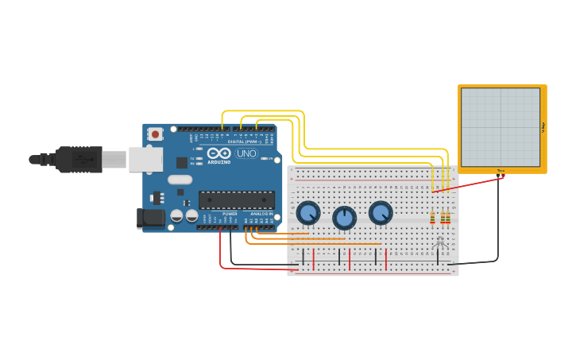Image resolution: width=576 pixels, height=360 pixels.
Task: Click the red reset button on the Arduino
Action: click(x=155, y=134)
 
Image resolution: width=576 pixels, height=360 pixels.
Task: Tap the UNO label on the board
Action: click(x=246, y=153)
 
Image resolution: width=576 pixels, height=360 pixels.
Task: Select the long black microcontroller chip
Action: click(x=236, y=199)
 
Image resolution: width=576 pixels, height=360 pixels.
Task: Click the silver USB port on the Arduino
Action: click(x=145, y=159)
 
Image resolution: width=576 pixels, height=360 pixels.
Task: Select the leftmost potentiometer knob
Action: click(x=307, y=213)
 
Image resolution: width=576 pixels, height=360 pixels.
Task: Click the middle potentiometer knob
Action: click(x=344, y=218)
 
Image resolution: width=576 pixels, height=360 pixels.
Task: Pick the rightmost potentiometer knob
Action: click(x=381, y=213)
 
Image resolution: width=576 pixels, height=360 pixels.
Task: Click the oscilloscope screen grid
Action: click(x=500, y=127)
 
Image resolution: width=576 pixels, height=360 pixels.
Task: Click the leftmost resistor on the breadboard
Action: click(x=433, y=217)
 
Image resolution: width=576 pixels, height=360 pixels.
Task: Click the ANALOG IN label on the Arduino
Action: click(x=261, y=214)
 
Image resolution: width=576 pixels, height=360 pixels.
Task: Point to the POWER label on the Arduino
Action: click(x=230, y=214)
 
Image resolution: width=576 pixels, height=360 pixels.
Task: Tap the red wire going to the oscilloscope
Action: click(x=469, y=184)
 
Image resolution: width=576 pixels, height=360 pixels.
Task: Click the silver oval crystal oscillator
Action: click(x=180, y=180)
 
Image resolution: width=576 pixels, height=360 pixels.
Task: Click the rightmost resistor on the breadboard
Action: click(x=448, y=217)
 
